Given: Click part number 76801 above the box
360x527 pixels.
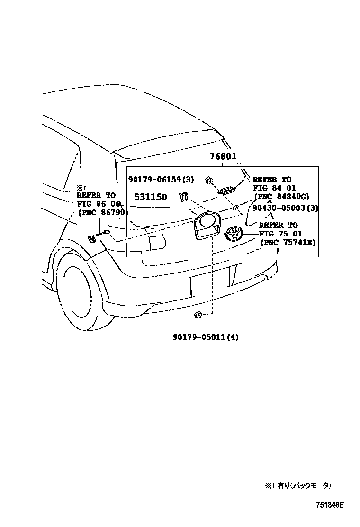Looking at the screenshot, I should tap(224, 157).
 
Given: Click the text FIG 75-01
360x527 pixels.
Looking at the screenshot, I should tap(281, 234).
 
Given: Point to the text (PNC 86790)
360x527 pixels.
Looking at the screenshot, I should tap(102, 212).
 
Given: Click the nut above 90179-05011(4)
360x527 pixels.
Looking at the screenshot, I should tap(198, 314).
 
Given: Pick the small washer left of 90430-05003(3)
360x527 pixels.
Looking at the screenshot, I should tap(235, 208).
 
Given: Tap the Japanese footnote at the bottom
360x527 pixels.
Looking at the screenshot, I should tap(298, 485).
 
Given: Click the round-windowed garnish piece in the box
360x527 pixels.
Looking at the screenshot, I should tap(207, 227).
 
